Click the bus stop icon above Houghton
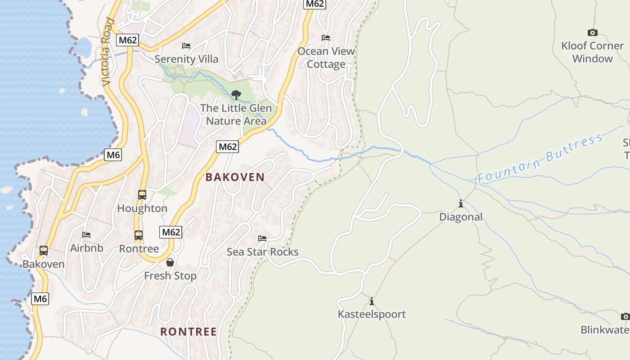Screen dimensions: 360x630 pyautogui.click(x=142, y=195)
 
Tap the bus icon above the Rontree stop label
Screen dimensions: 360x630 pyautogui.click(x=139, y=235)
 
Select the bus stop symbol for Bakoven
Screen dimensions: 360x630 pyautogui.click(x=44, y=251)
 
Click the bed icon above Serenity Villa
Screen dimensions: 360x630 pyautogui.click(x=186, y=46)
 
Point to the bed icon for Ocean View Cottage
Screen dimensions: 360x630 pyautogui.click(x=326, y=38)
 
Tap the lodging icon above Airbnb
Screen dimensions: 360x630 pyautogui.click(x=86, y=235)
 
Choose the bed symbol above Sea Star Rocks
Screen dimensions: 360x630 pyautogui.click(x=262, y=238)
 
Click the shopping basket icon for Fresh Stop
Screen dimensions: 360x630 pyautogui.click(x=170, y=262)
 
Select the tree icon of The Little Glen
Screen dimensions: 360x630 pyautogui.click(x=236, y=95)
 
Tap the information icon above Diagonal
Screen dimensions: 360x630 pyautogui.click(x=461, y=204)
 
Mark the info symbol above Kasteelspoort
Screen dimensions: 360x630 pyautogui.click(x=372, y=301)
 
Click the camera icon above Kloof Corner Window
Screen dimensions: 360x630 pyautogui.click(x=593, y=32)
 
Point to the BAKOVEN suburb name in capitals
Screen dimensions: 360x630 pyautogui.click(x=235, y=177)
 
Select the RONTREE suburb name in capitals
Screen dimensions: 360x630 pyautogui.click(x=189, y=332)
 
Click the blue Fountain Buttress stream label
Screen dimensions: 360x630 pyautogui.click(x=540, y=158)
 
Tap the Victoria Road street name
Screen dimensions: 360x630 pyautogui.click(x=107, y=52)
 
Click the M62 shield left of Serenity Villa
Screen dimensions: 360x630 pyautogui.click(x=127, y=40)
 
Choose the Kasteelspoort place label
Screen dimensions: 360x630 pyautogui.click(x=372, y=314)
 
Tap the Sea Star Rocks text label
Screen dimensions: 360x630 pyautogui.click(x=262, y=252)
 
